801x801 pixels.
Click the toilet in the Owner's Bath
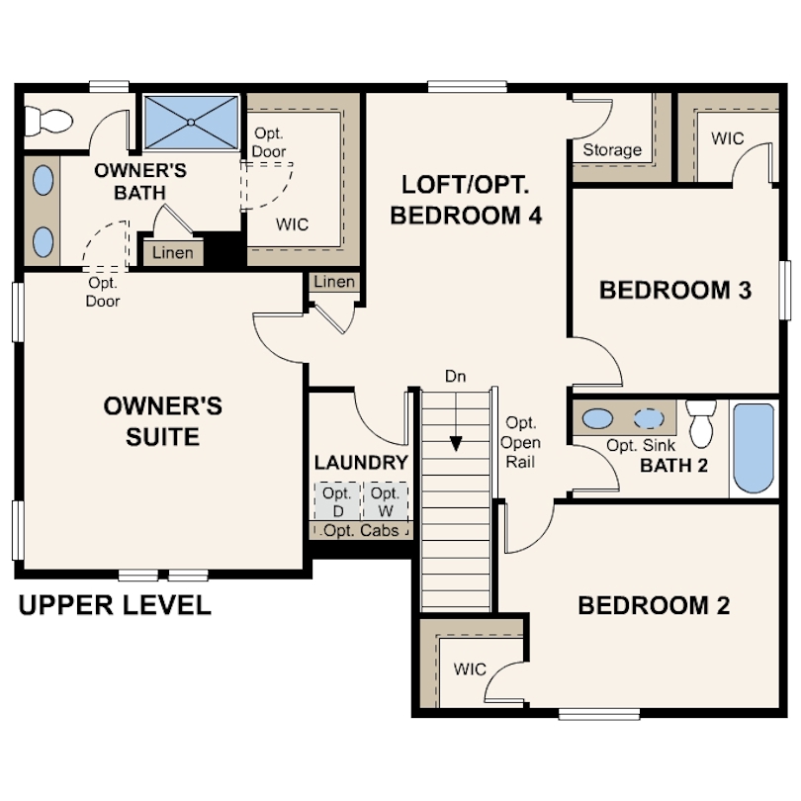point(48,121)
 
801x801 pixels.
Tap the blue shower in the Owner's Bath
point(191,123)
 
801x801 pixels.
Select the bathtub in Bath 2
point(754,448)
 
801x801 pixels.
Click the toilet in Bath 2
point(701,423)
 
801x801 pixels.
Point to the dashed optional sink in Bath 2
point(649,418)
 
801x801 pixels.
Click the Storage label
point(612,149)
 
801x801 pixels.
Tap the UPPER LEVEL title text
point(115,605)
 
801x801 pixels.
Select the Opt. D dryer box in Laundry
point(337,501)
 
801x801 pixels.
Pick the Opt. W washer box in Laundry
point(386,501)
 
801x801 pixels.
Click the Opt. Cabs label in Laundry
point(361,530)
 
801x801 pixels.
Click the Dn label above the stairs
point(455,377)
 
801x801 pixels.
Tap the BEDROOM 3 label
point(675,290)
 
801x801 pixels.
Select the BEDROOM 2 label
point(654,605)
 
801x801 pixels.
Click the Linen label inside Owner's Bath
point(173,252)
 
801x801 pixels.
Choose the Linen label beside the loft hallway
point(334,282)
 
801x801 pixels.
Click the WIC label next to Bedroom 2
point(470,669)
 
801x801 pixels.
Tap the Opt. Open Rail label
point(520,442)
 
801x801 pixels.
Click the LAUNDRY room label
point(361,463)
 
